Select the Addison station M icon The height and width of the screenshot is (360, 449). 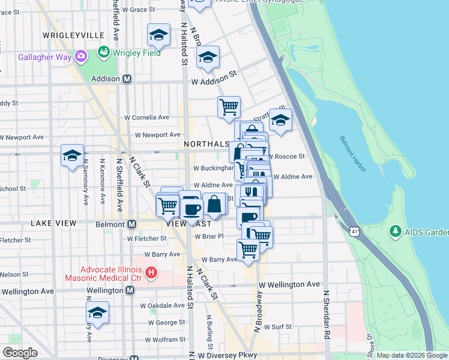(x=127, y=79)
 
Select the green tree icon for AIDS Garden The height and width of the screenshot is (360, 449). (x=395, y=231)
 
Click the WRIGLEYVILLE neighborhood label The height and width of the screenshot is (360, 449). (x=74, y=35)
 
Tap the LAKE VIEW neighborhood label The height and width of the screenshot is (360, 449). (x=54, y=223)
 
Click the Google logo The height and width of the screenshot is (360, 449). (x=20, y=353)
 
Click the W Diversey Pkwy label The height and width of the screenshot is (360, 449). (x=228, y=355)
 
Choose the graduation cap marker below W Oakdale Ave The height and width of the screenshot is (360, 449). (x=97, y=313)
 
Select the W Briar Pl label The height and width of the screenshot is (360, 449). (x=208, y=236)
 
